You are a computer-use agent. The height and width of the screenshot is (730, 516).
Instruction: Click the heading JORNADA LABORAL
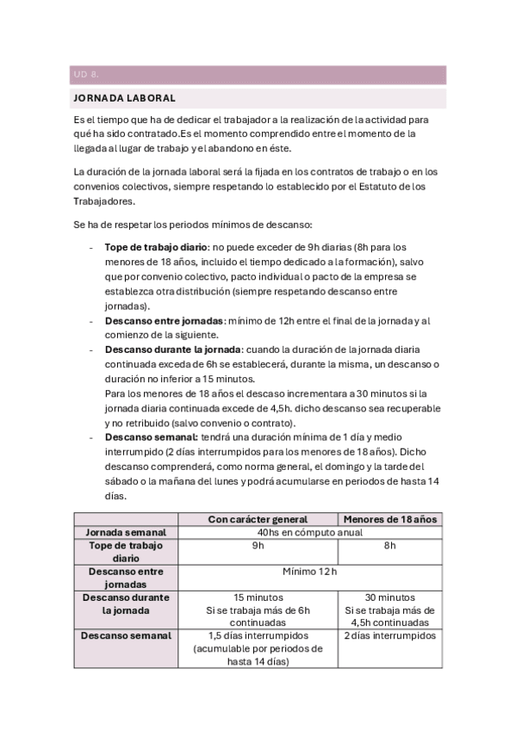click(124, 98)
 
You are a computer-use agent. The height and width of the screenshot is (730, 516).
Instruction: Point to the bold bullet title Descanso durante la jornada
click(172, 350)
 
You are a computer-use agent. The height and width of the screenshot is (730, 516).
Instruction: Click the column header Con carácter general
click(258, 518)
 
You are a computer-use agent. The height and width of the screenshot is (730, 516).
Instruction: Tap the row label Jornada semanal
click(126, 532)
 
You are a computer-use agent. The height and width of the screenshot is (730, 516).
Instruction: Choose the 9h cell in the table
click(258, 546)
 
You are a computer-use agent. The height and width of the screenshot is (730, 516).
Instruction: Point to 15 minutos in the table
click(258, 597)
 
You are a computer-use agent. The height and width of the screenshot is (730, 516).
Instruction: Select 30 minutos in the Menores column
click(389, 597)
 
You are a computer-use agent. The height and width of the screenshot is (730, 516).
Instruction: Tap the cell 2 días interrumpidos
click(389, 635)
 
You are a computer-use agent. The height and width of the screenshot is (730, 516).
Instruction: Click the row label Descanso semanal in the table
click(126, 635)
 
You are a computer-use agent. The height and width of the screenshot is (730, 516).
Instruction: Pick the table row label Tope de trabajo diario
click(126, 552)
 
